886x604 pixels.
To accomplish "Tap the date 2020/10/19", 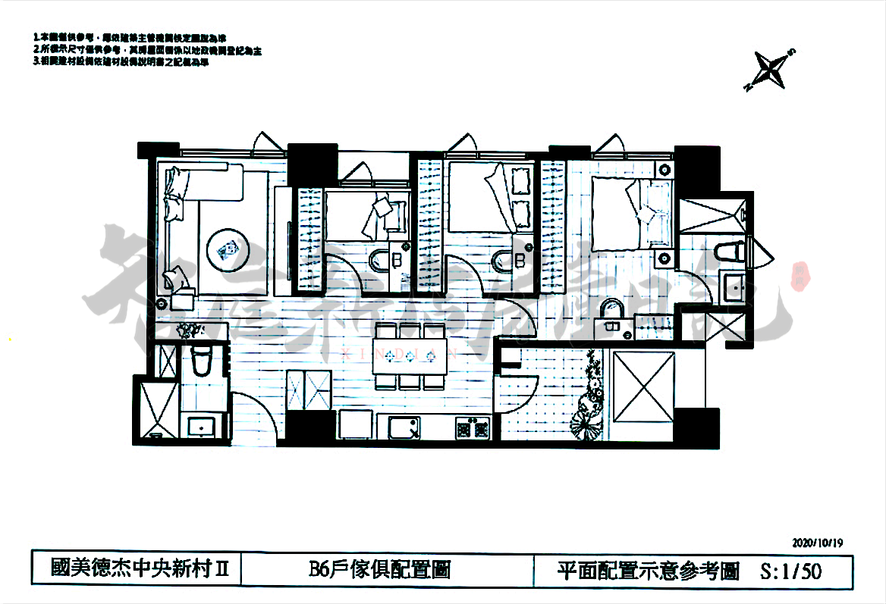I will [817, 543].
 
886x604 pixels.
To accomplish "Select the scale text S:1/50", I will [790, 571].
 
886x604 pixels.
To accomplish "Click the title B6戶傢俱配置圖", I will [379, 570].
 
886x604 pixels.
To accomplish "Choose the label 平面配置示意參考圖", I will [647, 571].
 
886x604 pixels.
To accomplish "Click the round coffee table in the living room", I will [226, 249].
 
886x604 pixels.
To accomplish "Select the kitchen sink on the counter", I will [404, 428].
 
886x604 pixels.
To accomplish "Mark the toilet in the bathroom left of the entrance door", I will [200, 361].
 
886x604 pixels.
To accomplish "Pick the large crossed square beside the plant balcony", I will [642, 386].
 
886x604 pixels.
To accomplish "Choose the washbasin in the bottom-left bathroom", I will [200, 426].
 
